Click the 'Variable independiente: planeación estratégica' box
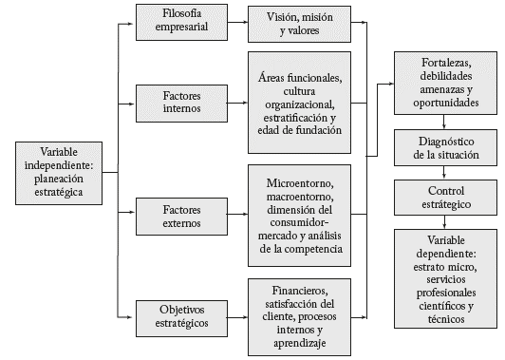pyautogui.click(x=60, y=172)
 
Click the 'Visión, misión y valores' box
pyautogui.click(x=299, y=23)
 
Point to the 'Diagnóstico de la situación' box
pyautogui.click(x=445, y=147)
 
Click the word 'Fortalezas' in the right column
pyautogui.click(x=445, y=64)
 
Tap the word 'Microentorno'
pyautogui.click(x=299, y=179)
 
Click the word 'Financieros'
pyautogui.click(x=299, y=289)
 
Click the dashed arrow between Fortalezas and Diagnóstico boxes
pyautogui.click(x=445, y=122)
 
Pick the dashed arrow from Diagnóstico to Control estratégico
pyautogui.click(x=445, y=173)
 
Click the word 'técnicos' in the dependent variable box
pyautogui.click(x=445, y=320)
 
